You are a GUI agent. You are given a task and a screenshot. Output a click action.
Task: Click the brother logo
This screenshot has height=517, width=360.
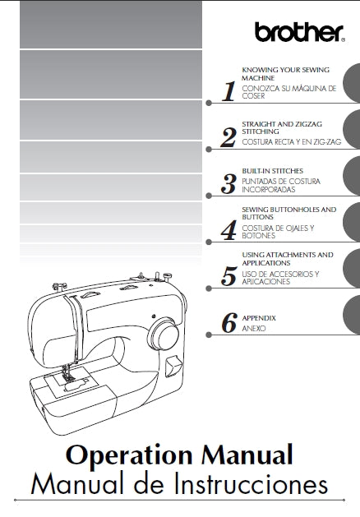coord(298,32)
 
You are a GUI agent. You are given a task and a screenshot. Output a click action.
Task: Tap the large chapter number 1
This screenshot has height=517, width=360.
coord(229,91)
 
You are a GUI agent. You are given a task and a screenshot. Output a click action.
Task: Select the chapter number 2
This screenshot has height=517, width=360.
coord(229,137)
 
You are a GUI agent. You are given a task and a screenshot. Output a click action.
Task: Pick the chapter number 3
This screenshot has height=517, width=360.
coord(229,183)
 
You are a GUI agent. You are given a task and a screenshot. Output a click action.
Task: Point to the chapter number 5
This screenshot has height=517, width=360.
coord(229,276)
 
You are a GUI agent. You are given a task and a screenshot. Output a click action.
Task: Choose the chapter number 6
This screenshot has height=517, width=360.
coord(229,322)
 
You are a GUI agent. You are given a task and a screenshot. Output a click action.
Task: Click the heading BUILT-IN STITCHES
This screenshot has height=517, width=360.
coord(267,170)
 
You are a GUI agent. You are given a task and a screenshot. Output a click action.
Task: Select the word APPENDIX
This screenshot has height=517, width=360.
coord(259,317)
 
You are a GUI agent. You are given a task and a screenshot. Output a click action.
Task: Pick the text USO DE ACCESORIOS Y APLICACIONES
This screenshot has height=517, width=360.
coord(280,277)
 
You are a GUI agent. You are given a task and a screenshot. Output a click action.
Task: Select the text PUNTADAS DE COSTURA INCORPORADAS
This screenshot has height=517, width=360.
coord(280,184)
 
